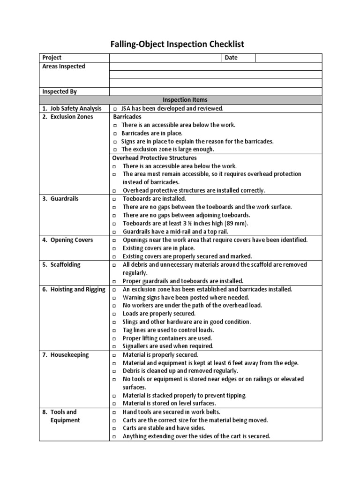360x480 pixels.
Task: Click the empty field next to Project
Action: tap(165, 58)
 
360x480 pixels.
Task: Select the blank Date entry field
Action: tap(288, 58)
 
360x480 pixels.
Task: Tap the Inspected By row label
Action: tap(60, 92)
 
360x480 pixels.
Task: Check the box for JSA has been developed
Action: tap(115, 109)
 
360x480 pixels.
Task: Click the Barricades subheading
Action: tap(127, 117)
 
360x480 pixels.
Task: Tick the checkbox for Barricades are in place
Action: tap(115, 134)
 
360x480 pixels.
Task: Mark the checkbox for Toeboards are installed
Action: tap(115, 199)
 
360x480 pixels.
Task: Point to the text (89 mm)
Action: tap(238, 223)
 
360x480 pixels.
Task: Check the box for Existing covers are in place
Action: tap(115, 248)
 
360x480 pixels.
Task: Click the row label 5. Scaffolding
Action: tap(61, 264)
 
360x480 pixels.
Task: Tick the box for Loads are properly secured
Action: tap(115, 314)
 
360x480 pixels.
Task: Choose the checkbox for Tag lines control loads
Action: tap(115, 330)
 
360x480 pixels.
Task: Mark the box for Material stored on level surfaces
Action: tap(115, 404)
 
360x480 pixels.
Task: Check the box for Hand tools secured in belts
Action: tap(115, 412)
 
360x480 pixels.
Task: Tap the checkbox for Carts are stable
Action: tap(115, 428)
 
